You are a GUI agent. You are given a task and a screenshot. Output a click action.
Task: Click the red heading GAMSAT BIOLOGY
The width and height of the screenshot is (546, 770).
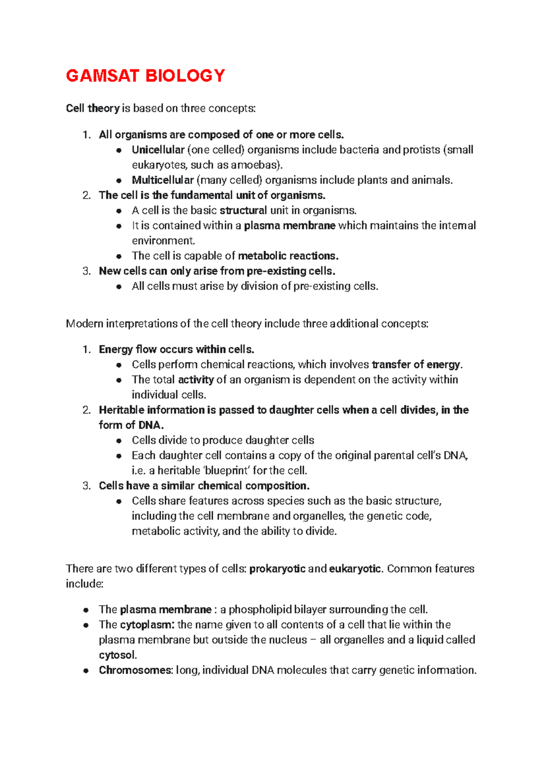[x=145, y=75]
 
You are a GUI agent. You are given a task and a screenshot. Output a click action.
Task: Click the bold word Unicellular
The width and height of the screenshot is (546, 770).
[x=158, y=150]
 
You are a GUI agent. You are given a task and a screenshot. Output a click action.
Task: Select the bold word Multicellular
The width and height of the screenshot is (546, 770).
[x=163, y=180]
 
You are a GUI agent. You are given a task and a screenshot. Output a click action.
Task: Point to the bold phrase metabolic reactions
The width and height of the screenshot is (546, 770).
[x=288, y=256]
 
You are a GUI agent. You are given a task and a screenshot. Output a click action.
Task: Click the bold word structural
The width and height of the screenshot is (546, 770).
[x=243, y=210]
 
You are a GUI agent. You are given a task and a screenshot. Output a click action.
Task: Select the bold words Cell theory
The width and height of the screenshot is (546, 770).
[x=92, y=108]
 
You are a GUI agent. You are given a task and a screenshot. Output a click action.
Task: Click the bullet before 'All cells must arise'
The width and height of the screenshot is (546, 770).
[x=119, y=286]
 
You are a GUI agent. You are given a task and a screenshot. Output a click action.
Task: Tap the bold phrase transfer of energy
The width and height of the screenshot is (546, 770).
[x=416, y=365]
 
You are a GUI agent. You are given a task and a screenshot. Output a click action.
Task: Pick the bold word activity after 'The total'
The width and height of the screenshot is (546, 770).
[x=196, y=380]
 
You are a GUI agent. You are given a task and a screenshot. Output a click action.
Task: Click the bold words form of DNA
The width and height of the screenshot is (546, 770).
[x=131, y=425]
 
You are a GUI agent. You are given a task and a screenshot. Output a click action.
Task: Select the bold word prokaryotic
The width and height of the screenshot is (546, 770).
[x=277, y=569]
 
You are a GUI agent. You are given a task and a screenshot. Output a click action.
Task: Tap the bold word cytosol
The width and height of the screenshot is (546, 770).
[x=117, y=655]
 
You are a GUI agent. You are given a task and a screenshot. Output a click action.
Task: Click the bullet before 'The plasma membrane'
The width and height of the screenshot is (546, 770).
[x=86, y=610]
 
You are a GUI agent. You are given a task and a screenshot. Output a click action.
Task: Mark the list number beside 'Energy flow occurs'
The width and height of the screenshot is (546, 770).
[x=86, y=350]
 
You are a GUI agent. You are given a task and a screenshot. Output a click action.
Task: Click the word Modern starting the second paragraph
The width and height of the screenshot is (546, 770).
[x=84, y=324]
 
